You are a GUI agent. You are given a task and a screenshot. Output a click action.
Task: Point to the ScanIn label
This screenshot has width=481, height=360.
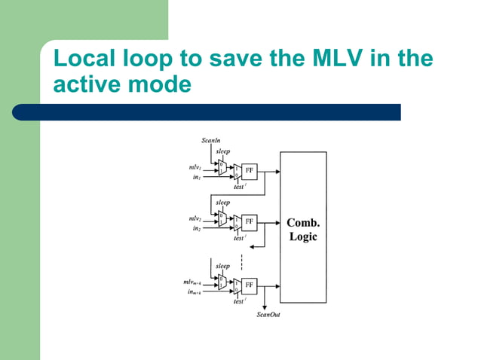click(x=211, y=140)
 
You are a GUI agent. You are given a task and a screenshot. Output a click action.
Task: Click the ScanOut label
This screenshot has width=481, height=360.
click(x=268, y=314)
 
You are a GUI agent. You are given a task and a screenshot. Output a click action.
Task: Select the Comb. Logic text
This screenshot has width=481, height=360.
click(x=303, y=230)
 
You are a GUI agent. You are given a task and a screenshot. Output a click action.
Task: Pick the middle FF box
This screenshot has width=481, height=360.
click(x=250, y=223)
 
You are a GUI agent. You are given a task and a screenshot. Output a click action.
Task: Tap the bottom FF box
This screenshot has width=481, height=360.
click(x=250, y=286)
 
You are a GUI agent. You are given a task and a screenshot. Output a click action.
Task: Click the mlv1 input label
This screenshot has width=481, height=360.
click(x=195, y=167)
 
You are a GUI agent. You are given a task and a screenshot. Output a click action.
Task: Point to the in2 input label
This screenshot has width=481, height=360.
click(x=196, y=228)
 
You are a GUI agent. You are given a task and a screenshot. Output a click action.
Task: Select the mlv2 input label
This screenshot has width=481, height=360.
click(x=195, y=218)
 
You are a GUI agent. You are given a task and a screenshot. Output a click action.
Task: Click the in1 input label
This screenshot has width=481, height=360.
click(x=196, y=177)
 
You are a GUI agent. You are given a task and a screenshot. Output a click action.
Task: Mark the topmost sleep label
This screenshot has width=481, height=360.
click(x=223, y=152)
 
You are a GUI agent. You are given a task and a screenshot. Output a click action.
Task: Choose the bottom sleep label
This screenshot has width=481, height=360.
click(x=223, y=266)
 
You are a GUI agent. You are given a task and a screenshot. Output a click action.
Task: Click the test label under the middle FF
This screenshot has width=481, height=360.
click(x=239, y=238)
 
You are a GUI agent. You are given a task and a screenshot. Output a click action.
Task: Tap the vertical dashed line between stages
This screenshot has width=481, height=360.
click(x=241, y=261)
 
